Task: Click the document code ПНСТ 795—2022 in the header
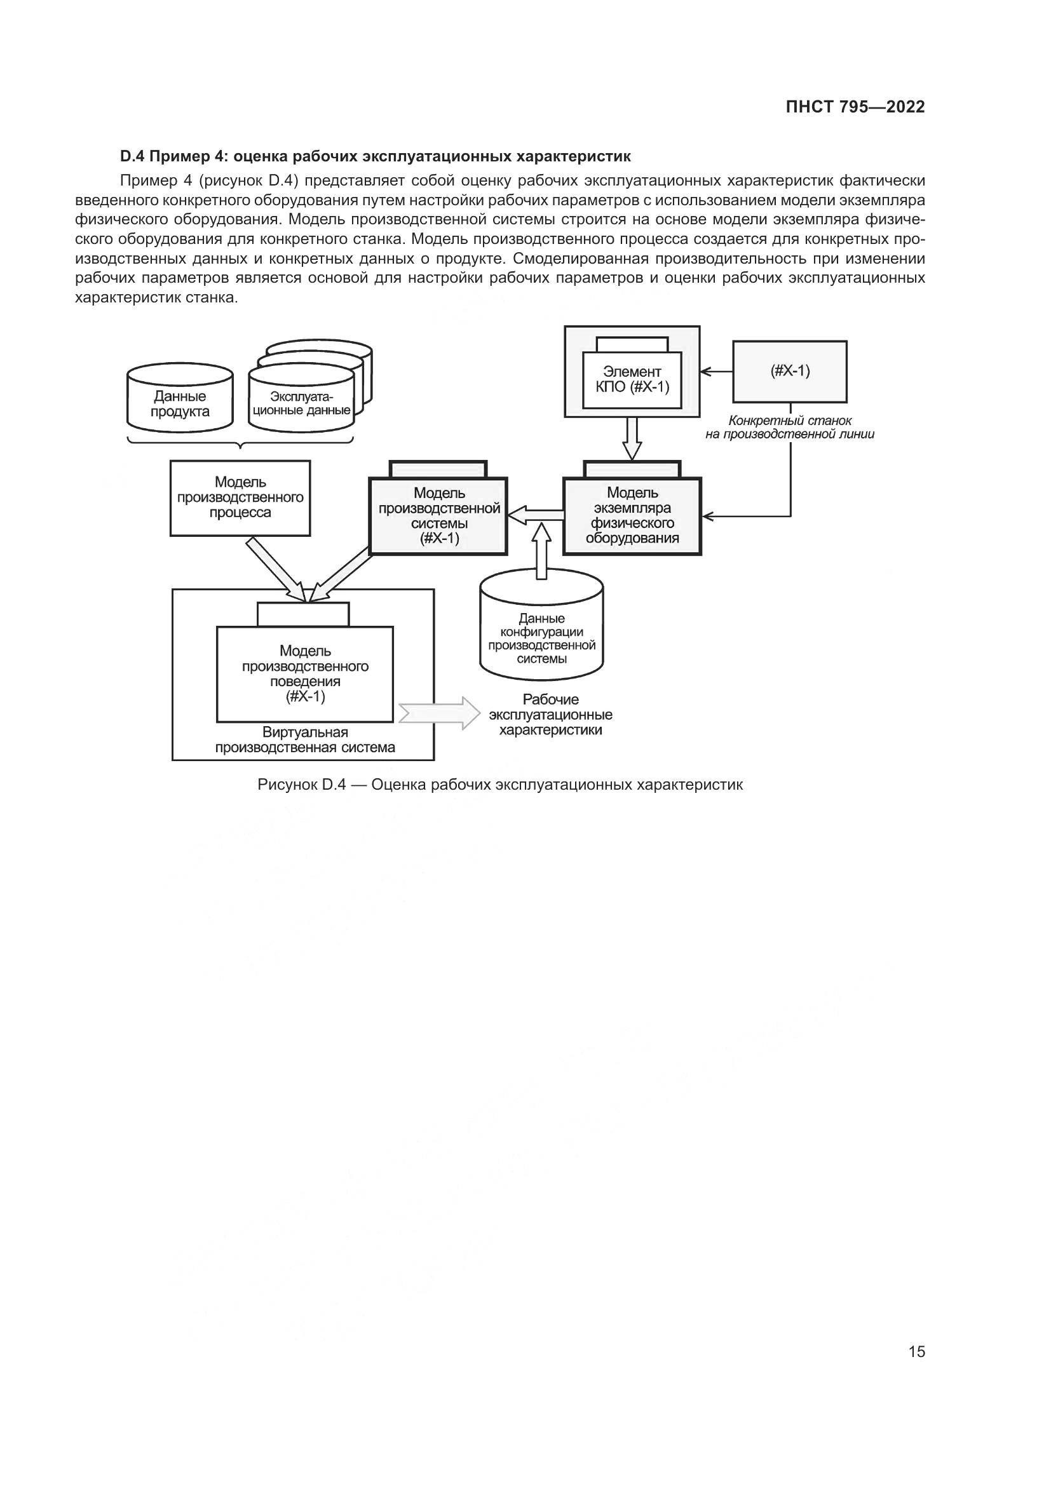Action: point(855,107)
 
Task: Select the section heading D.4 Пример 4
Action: point(375,157)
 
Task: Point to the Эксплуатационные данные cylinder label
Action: point(302,403)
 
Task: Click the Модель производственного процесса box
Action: point(240,497)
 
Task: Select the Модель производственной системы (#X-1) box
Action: point(438,516)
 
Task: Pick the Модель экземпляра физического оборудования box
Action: point(632,516)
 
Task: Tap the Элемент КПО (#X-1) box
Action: point(632,380)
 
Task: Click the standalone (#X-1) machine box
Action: point(790,372)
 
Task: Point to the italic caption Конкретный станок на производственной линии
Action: point(790,428)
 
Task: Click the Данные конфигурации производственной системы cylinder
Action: point(541,637)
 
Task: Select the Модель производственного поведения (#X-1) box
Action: point(305,673)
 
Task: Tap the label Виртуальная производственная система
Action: point(305,740)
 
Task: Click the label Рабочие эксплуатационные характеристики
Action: point(551,715)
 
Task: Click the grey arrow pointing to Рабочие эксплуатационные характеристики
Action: point(440,714)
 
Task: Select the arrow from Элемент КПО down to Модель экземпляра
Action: point(632,438)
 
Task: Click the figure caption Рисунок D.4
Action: point(499,785)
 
